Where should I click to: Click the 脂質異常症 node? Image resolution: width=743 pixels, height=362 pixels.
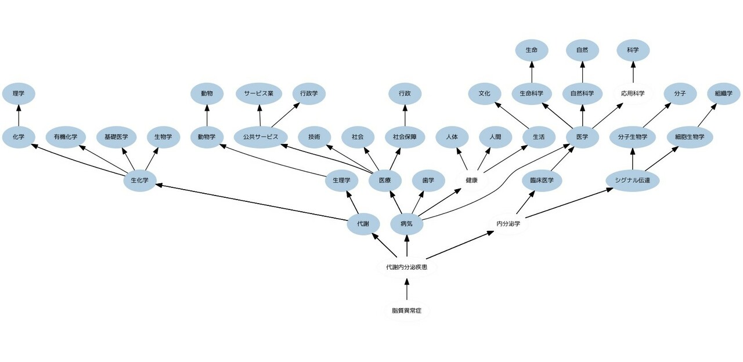coord(406,311)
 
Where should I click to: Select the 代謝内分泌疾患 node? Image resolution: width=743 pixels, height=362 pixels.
coord(406,267)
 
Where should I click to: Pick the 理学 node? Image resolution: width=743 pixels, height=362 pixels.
coord(18,93)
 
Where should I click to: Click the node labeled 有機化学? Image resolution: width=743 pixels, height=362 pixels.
coord(66,137)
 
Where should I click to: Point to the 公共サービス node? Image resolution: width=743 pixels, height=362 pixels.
coord(257,137)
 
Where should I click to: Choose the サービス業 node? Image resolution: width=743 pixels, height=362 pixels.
coord(259,93)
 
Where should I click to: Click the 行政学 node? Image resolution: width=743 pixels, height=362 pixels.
coord(309,93)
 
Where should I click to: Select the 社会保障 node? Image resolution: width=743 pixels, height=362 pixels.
coord(405,137)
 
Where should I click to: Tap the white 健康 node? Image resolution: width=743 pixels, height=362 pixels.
coord(471,180)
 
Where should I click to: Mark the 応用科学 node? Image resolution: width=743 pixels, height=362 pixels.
coord(633,93)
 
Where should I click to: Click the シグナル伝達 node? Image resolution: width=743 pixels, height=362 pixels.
coord(632,180)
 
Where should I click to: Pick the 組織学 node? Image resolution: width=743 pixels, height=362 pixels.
coord(724,93)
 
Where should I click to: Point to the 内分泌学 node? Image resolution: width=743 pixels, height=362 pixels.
coord(508,223)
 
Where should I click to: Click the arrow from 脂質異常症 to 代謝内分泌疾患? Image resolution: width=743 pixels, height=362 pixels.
coord(406,289)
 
